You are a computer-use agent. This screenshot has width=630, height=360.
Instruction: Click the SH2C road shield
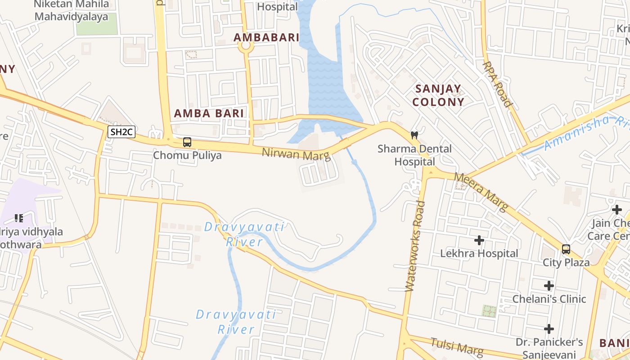click(122, 132)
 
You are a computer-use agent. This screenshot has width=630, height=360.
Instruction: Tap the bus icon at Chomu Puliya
click(187, 142)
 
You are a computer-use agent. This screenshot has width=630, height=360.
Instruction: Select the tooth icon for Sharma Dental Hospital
click(414, 135)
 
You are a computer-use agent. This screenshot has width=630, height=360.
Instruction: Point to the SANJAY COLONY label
click(438, 95)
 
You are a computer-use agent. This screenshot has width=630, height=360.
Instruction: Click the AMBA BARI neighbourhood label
click(209, 113)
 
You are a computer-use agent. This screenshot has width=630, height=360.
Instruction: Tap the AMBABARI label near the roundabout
click(266, 37)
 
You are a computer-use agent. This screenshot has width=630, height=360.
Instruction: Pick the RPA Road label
click(498, 84)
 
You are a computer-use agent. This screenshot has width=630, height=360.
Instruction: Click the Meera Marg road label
click(481, 192)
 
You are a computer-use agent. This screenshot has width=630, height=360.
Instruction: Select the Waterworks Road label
click(415, 246)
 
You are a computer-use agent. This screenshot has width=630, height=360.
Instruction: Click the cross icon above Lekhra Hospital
click(479, 240)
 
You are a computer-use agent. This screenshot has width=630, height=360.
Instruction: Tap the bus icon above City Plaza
click(566, 249)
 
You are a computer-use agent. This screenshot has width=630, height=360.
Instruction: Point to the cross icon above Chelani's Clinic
click(549, 285)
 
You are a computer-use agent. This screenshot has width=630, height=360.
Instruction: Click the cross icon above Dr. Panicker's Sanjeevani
click(549, 328)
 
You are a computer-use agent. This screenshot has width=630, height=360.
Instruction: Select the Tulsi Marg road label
click(457, 346)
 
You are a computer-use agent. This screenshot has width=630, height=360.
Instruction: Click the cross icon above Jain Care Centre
click(617, 209)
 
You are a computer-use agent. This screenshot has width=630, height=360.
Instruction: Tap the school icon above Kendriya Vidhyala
click(18, 218)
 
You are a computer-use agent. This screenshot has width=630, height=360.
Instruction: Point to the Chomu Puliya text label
click(187, 156)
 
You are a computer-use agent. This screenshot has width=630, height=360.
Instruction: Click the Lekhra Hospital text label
click(479, 253)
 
